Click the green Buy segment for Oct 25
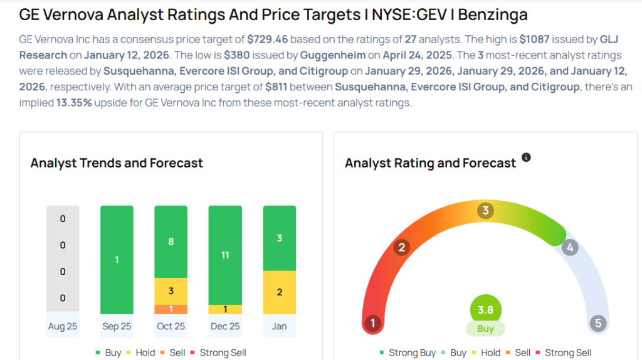(x=171, y=241)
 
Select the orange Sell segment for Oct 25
(x=171, y=309)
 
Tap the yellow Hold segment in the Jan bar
(x=279, y=292)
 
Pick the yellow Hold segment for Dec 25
(x=224, y=309)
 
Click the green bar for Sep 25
(x=117, y=260)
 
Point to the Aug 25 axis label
(x=63, y=326)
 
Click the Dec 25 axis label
(x=224, y=326)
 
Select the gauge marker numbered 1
(x=372, y=324)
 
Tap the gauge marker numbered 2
(x=401, y=247)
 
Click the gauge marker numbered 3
(x=485, y=211)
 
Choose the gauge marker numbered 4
(x=569, y=247)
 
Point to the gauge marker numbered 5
(x=597, y=324)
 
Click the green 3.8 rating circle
(x=485, y=310)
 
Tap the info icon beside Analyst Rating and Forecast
(x=526, y=157)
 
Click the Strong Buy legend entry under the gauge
(x=408, y=352)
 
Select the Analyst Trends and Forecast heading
(x=117, y=163)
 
